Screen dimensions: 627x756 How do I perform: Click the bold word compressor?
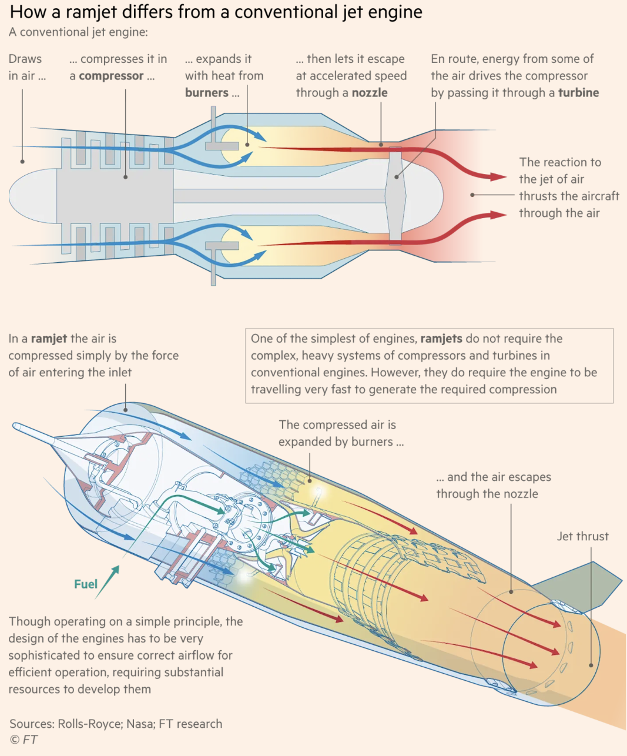[x=111, y=76]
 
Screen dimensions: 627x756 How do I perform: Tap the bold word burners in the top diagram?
[x=207, y=93]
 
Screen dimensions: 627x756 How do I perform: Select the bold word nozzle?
[x=370, y=93]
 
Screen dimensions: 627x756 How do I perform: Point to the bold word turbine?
[x=578, y=93]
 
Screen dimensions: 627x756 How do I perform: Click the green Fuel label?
[x=86, y=584]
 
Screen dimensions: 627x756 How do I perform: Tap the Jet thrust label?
[x=583, y=536]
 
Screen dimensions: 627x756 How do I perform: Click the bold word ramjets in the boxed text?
[x=441, y=339]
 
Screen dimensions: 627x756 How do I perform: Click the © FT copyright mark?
[x=24, y=740]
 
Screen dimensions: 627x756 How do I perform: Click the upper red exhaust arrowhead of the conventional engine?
[x=498, y=177]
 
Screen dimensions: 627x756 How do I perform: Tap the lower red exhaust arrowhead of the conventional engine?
[x=498, y=215]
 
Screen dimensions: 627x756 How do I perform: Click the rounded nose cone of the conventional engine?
[x=32, y=196]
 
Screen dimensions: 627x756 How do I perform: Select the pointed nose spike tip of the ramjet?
[x=15, y=426]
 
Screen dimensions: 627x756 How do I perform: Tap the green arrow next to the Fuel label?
[x=107, y=583]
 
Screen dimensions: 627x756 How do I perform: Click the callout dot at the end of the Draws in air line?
[x=22, y=162]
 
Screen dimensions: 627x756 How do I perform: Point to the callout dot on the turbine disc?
[x=397, y=177]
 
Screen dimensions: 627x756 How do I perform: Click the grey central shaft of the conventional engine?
[x=279, y=196]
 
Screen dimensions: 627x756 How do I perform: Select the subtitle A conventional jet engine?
[x=78, y=32]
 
